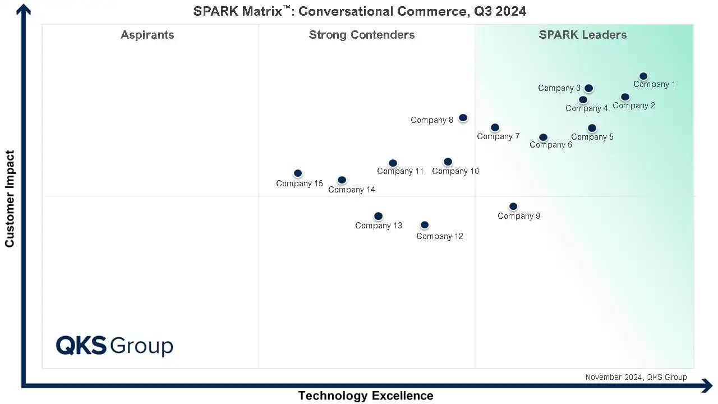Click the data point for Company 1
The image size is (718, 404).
coord(643,76)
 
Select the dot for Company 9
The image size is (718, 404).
coord(513,206)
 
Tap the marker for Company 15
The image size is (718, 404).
coord(298,173)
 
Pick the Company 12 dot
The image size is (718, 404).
coord(425,225)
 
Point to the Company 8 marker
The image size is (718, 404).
coord(463,118)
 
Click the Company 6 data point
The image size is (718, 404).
coord(543,137)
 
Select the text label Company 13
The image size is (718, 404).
coord(379,226)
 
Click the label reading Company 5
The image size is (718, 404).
coord(592,137)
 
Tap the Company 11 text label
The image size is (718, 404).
coord(401,171)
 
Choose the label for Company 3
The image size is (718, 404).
coord(559,88)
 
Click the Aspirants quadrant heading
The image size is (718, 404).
coord(148,35)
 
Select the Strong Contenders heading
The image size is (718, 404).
coord(362,35)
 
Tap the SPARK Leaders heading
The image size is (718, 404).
coord(583,35)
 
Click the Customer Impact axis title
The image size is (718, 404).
coord(10,199)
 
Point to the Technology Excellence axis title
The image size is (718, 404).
coord(366,396)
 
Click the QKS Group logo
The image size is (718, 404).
coord(114,345)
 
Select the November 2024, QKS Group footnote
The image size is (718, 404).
coord(636,377)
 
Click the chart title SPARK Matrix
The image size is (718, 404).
coord(360,11)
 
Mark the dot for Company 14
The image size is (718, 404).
coord(342,180)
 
